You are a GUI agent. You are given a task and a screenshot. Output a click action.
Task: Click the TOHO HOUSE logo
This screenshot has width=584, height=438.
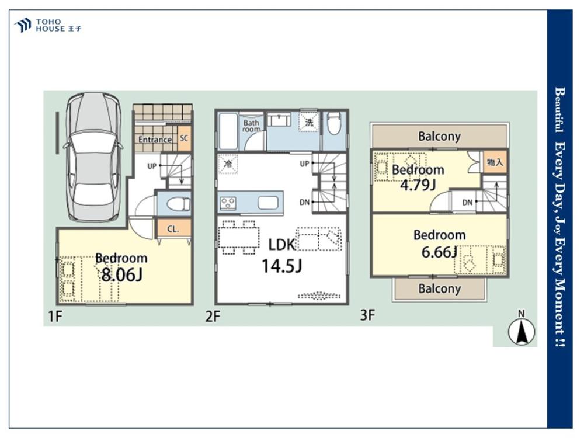[x=47, y=25]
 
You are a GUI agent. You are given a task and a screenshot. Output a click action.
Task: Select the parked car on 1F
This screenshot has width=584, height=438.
[x=93, y=158]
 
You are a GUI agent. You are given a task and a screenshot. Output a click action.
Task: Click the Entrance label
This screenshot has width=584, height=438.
[x=155, y=140]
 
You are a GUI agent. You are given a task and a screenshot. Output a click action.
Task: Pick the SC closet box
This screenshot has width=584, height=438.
[x=184, y=138]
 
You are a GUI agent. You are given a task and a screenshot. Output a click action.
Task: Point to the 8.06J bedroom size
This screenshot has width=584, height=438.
[x=122, y=275]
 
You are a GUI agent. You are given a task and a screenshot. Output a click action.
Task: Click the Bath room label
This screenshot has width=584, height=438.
[x=251, y=126]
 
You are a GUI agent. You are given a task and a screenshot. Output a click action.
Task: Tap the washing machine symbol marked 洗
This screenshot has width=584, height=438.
[x=309, y=122]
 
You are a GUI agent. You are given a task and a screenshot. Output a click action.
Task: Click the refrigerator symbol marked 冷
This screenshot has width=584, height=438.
[x=228, y=164]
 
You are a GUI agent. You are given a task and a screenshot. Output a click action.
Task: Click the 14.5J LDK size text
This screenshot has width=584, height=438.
[x=281, y=266]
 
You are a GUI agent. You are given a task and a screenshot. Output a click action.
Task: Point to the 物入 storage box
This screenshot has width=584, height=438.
[x=495, y=162]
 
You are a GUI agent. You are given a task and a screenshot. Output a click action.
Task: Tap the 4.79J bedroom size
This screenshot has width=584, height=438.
[x=418, y=184]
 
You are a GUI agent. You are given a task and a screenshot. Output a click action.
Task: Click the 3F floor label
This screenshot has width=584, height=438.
[x=367, y=315]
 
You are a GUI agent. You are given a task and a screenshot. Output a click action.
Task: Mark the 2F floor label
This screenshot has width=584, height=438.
[x=213, y=317]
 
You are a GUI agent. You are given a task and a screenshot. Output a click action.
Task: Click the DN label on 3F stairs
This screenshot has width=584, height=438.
[x=467, y=203]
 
